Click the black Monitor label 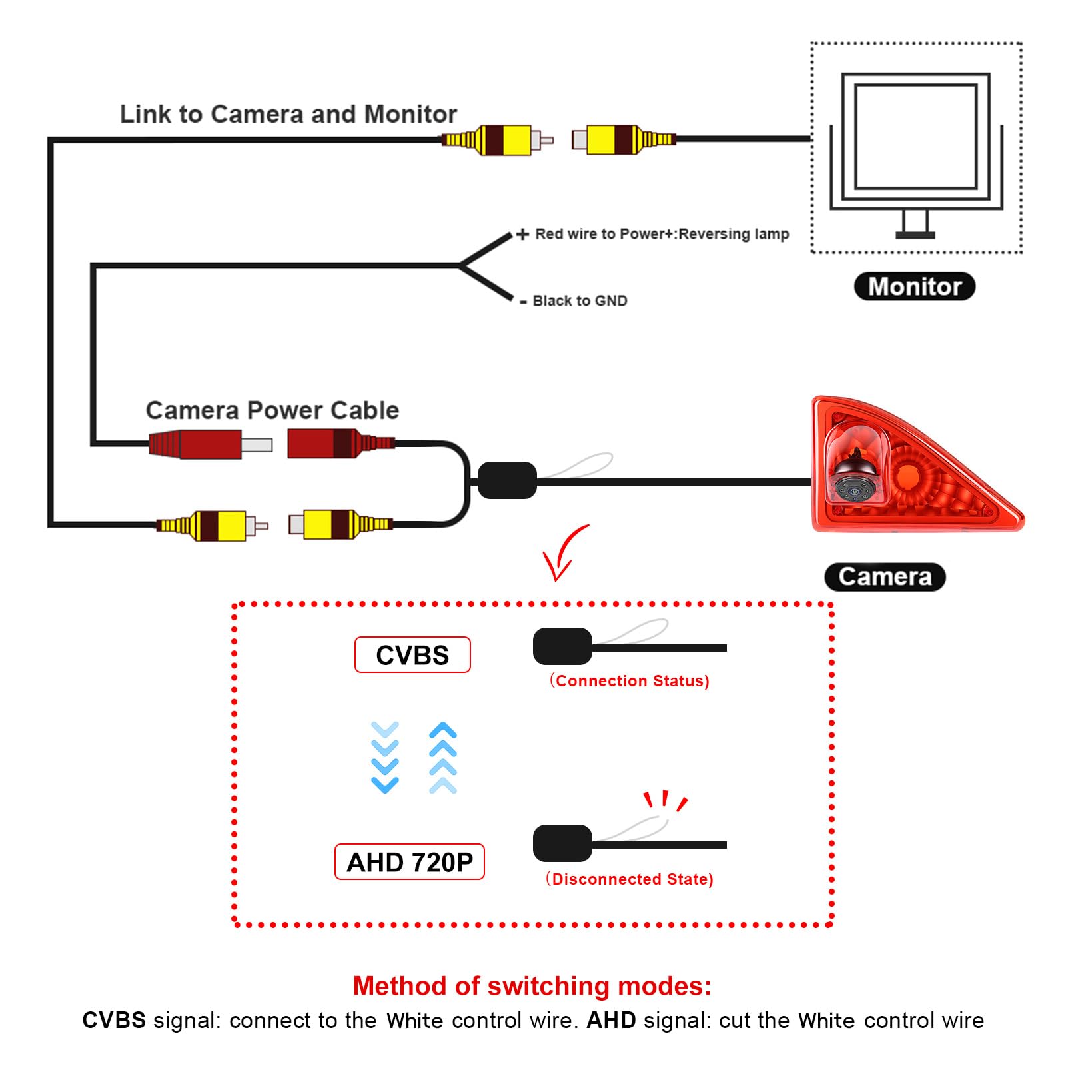click(914, 286)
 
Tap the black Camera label click(885, 576)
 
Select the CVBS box click(412, 655)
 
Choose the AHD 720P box click(409, 862)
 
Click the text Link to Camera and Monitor click(288, 114)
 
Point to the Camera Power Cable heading click(272, 410)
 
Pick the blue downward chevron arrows click(384, 757)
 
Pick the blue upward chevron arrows click(443, 757)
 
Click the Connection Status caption click(630, 681)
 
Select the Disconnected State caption click(630, 879)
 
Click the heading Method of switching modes click(532, 986)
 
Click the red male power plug click(211, 444)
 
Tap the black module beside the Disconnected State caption click(562, 843)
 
